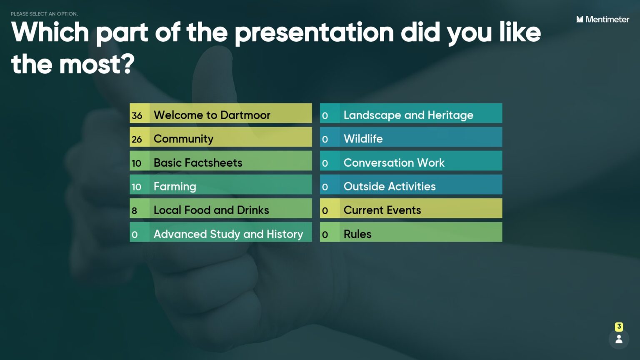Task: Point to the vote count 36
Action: [137, 115]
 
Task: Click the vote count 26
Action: [137, 139]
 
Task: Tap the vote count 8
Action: [135, 210]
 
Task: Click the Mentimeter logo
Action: [602, 19]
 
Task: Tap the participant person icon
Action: [619, 339]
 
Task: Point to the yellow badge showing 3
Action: [619, 327]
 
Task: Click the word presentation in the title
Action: [314, 32]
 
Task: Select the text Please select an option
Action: [44, 14]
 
